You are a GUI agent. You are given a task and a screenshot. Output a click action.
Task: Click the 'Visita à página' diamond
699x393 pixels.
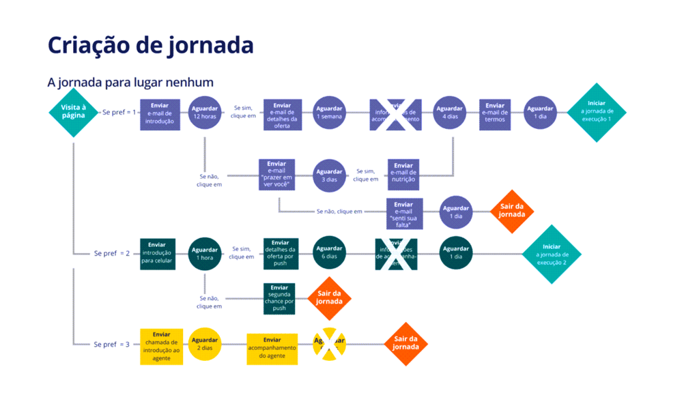(x=73, y=112)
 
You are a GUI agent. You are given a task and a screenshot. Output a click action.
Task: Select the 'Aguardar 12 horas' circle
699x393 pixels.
(x=205, y=113)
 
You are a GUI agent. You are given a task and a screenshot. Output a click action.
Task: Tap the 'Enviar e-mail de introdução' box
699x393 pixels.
(x=160, y=114)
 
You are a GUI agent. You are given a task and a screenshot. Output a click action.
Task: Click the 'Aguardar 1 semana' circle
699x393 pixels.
(x=329, y=113)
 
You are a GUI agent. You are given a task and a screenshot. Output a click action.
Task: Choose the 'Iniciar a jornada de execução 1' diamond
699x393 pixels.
(x=596, y=112)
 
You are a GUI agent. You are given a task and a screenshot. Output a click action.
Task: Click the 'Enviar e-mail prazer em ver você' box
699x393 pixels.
(x=276, y=175)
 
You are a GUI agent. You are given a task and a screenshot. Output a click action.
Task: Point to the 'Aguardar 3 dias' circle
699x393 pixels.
(x=329, y=175)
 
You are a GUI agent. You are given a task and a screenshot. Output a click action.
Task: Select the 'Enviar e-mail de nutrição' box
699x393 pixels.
(x=403, y=175)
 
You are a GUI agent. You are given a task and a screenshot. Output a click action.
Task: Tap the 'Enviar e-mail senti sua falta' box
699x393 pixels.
(x=404, y=214)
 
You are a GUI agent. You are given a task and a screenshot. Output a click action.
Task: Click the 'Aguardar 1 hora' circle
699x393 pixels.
(x=205, y=254)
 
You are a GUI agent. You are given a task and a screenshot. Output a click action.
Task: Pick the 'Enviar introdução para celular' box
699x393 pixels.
(x=157, y=254)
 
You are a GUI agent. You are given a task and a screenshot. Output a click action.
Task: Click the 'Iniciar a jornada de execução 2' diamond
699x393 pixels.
(x=552, y=254)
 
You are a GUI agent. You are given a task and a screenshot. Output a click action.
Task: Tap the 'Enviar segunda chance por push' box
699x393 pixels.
(x=280, y=297)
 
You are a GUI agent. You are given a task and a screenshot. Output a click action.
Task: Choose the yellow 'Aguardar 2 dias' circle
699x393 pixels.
(x=205, y=344)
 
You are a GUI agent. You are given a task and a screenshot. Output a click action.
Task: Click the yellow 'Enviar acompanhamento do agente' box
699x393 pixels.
(x=272, y=347)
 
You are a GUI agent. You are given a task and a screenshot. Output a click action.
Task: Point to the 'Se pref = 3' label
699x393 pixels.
(x=111, y=345)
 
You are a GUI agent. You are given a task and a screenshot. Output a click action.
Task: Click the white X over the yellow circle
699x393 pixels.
(x=329, y=345)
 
